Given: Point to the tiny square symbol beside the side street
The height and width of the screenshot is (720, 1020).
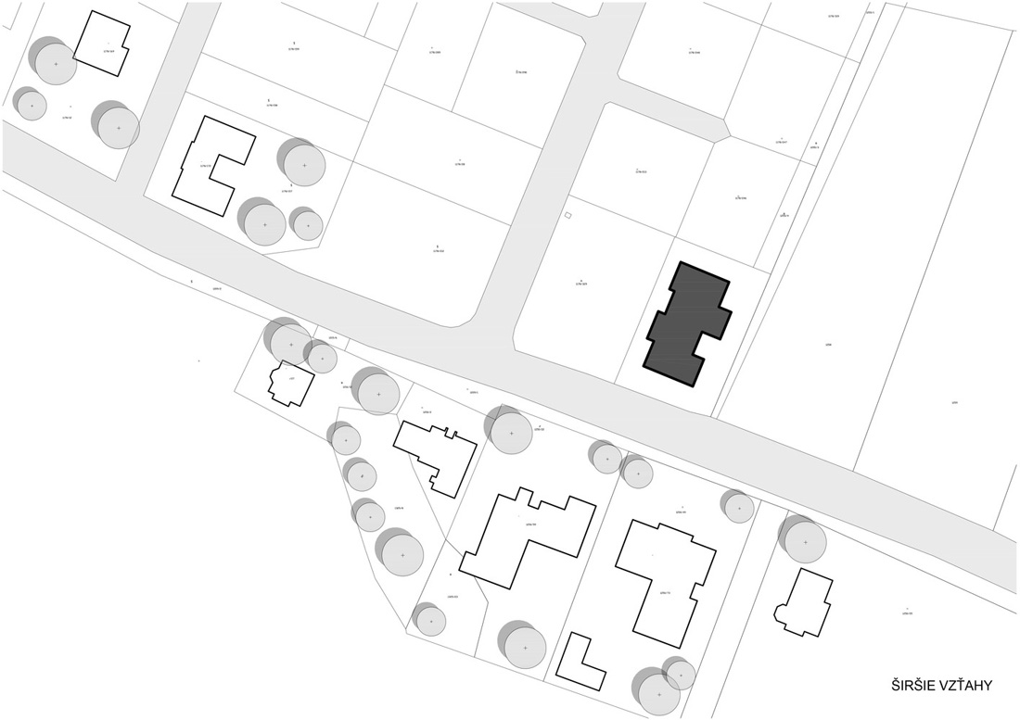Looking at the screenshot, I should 568,216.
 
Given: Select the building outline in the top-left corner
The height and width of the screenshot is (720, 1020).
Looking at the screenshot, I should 101,43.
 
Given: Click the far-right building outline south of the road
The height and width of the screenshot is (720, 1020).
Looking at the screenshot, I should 803,602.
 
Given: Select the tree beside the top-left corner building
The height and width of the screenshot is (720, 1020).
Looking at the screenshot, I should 55,63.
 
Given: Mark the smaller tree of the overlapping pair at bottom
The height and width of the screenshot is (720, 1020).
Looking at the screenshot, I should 680,675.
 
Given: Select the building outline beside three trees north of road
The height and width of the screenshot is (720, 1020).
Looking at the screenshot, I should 213,165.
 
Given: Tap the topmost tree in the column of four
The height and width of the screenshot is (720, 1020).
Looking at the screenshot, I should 345,438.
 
